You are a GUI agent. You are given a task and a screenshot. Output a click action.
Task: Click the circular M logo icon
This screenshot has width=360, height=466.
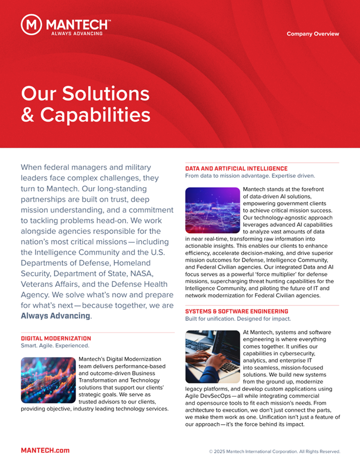click(x=31, y=25)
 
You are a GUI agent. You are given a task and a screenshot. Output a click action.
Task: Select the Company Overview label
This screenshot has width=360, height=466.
click(x=313, y=34)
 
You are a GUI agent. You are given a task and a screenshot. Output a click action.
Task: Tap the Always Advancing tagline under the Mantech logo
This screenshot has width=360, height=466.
click(x=77, y=33)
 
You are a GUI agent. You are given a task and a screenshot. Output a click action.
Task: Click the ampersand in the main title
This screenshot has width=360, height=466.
click(x=27, y=115)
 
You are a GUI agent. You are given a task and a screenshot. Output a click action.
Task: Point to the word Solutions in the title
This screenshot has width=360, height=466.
click(x=106, y=94)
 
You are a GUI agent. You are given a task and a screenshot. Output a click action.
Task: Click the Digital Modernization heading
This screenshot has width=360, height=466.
click(x=56, y=338)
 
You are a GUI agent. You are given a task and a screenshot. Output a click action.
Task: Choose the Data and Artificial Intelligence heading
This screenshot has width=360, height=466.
click(x=236, y=169)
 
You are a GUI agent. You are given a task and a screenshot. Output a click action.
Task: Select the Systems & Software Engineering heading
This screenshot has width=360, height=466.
click(x=237, y=311)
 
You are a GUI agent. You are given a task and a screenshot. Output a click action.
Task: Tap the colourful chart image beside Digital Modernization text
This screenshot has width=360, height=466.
click(x=48, y=380)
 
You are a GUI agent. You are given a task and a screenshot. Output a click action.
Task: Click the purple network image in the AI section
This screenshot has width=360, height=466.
click(x=212, y=210)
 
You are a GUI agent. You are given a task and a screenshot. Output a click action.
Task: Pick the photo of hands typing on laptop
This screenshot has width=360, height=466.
click(x=212, y=357)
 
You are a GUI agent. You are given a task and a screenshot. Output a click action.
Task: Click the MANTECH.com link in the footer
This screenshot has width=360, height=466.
click(x=45, y=450)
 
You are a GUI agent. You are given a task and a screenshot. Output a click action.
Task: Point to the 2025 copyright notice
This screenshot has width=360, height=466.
click(x=275, y=451)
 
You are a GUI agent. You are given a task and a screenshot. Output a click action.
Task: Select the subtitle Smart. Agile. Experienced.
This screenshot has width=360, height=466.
click(x=55, y=346)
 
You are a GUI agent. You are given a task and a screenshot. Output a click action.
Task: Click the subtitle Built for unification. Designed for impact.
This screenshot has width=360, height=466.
click(x=238, y=319)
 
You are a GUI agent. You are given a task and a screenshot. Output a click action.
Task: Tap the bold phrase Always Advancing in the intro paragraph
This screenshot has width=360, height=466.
click(x=56, y=316)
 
